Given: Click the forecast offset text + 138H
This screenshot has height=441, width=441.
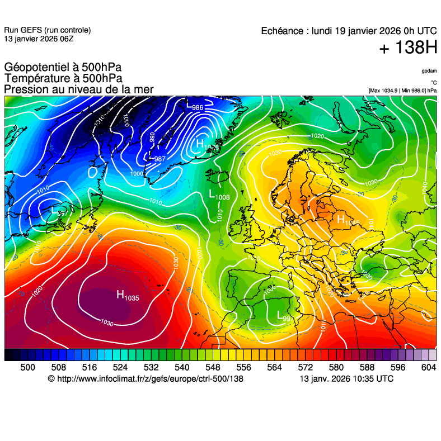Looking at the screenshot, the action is click(x=408, y=48).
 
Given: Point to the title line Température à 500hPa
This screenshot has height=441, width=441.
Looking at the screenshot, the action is click(x=63, y=79).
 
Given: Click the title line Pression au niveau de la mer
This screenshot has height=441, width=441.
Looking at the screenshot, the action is click(x=78, y=89).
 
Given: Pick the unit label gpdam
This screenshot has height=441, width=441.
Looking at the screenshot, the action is click(x=429, y=71).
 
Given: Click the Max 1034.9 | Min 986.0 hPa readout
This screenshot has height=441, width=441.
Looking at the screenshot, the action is click(x=402, y=90).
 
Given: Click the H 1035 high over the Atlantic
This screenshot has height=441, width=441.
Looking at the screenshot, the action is click(x=127, y=296).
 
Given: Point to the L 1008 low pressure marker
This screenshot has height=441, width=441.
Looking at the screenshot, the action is click(x=218, y=195).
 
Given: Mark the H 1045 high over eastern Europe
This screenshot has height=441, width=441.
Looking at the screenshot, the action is click(x=346, y=220).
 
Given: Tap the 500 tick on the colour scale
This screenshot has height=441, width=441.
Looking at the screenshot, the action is click(x=27, y=367).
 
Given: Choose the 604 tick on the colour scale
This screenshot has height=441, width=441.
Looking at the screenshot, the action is click(x=428, y=367).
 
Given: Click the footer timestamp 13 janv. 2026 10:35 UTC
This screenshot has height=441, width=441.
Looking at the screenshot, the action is click(x=346, y=379).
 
